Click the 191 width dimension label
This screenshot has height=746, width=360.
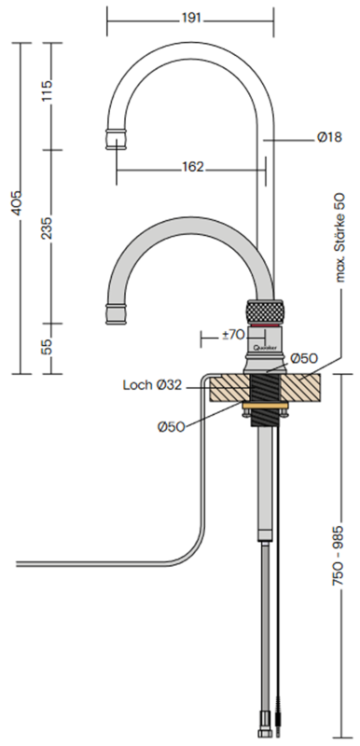[x=191, y=19]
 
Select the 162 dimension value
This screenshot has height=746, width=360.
[x=193, y=167]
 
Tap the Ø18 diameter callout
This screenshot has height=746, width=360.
[x=329, y=137]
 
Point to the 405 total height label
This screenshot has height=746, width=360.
[x=16, y=203]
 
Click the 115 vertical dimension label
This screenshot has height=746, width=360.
[x=47, y=90]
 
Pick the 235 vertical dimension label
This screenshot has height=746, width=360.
[x=47, y=228]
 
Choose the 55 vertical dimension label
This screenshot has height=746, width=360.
[x=47, y=347]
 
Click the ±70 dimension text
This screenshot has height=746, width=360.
[x=233, y=336]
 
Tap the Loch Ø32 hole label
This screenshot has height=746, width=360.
[x=152, y=385]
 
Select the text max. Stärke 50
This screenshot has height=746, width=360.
[x=340, y=238]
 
